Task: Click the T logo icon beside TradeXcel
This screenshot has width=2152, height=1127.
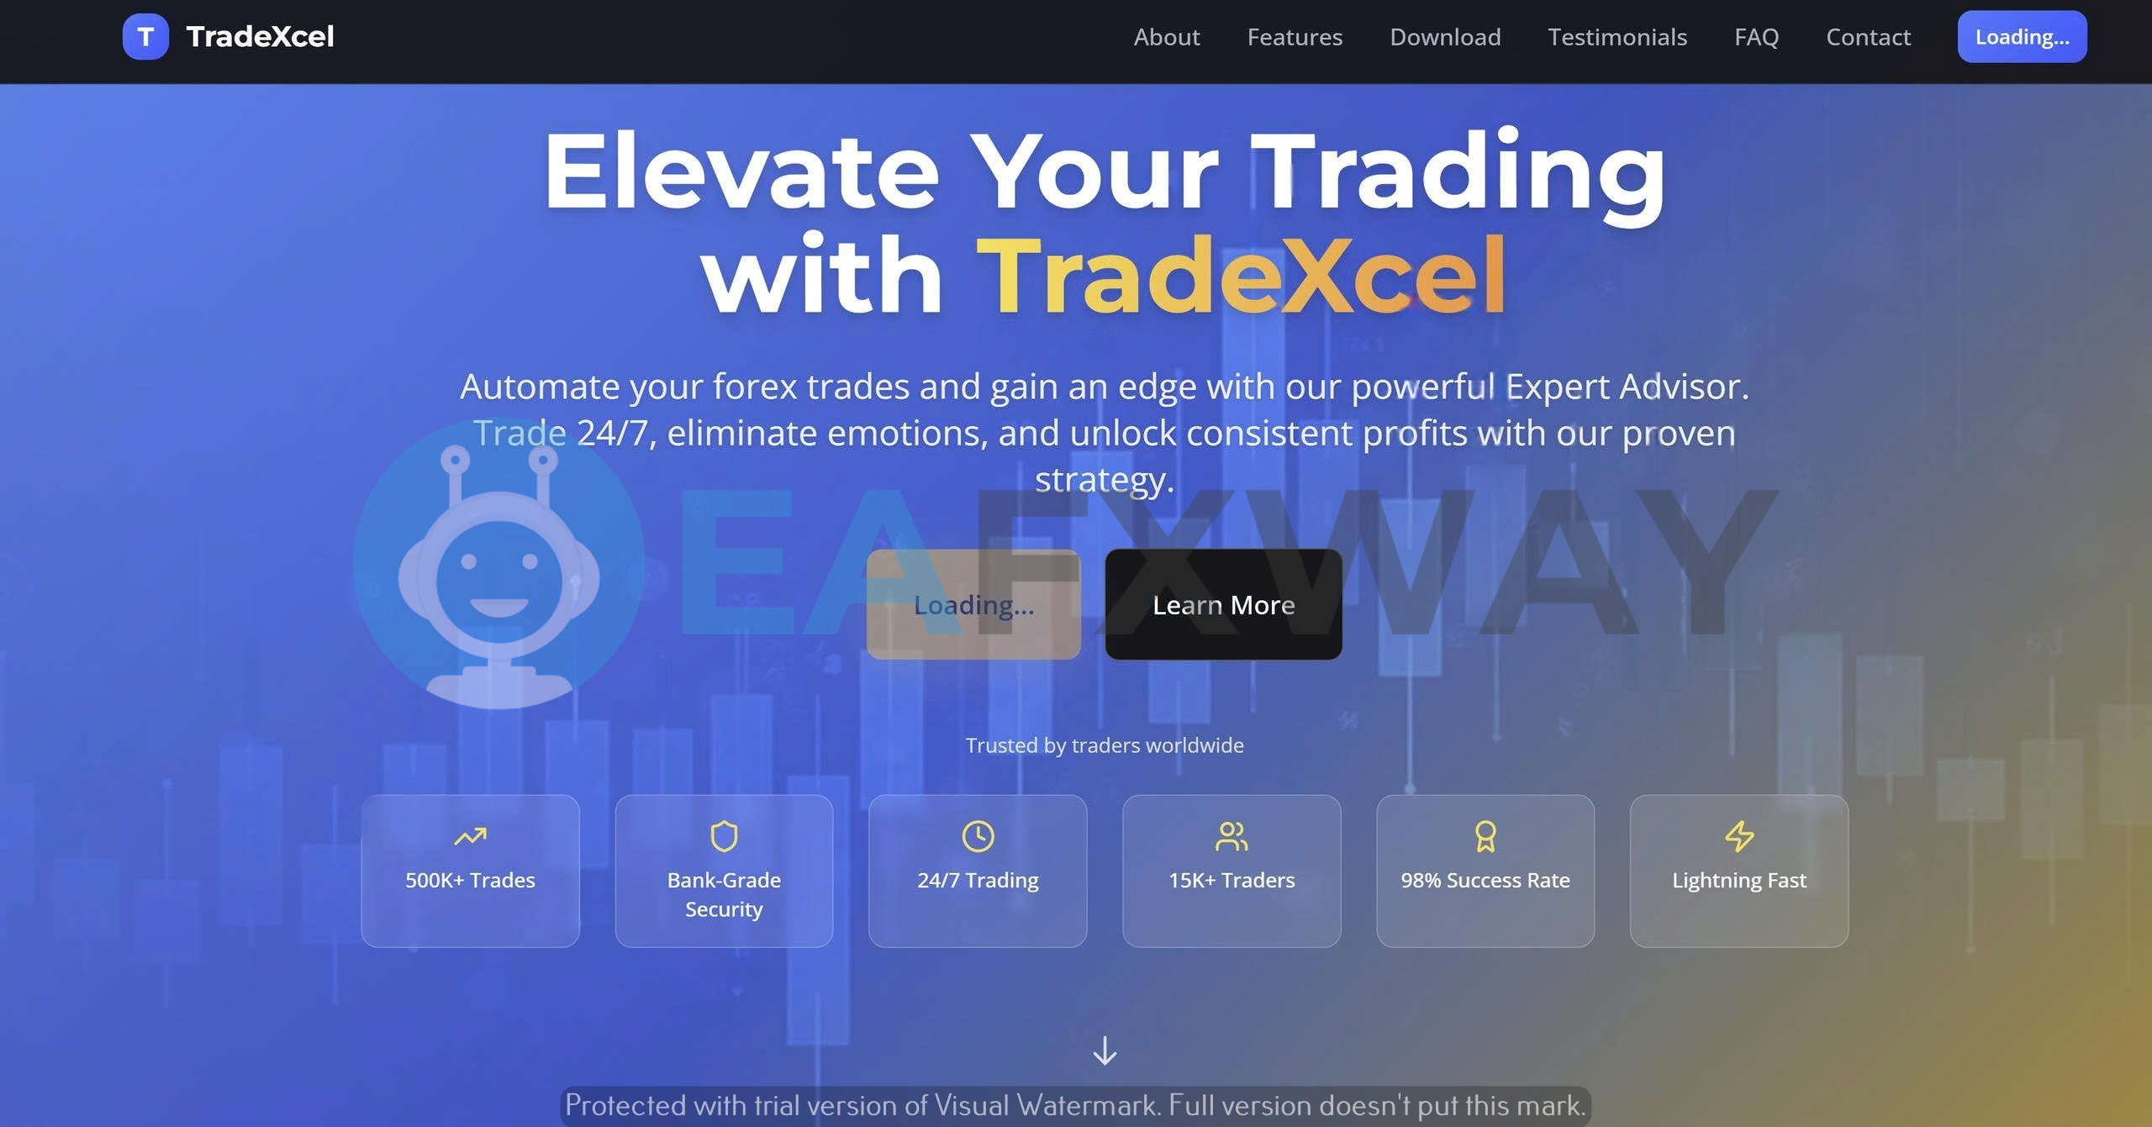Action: [x=145, y=37]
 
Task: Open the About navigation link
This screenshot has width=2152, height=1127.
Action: [x=1166, y=37]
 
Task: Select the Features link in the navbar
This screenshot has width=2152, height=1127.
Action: [x=1295, y=37]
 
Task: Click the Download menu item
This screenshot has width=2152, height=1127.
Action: [x=1445, y=37]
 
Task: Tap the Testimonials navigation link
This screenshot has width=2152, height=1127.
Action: [x=1617, y=37]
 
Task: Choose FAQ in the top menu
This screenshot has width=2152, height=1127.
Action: [x=1756, y=37]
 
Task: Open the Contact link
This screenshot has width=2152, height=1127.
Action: [x=1868, y=37]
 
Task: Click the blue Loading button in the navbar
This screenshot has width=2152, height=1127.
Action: [x=2022, y=37]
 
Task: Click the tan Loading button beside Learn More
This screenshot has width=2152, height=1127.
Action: [x=973, y=604]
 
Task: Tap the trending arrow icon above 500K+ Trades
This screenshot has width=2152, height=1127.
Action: [x=470, y=836]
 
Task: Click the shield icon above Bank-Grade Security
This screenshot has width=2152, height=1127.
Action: [x=724, y=836]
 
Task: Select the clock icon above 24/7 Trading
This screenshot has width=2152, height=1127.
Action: [x=978, y=836]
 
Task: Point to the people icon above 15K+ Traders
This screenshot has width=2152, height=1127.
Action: [x=1232, y=836]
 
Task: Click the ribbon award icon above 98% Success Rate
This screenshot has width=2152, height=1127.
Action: [x=1485, y=836]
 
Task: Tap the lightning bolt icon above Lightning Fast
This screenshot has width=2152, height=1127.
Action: [x=1739, y=836]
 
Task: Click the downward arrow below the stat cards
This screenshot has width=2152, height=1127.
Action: [x=1105, y=1051]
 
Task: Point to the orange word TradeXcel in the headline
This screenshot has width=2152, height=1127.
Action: [x=1241, y=275]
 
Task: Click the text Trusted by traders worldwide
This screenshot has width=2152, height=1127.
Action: [x=1105, y=745]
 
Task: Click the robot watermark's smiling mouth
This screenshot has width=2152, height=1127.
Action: [x=499, y=608]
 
